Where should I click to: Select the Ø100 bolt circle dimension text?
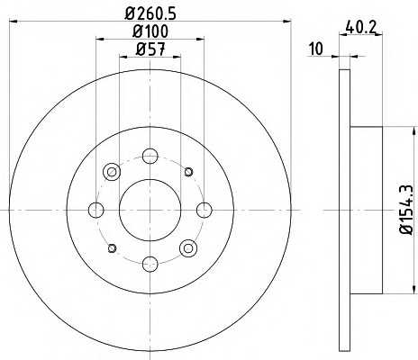coord(150,33)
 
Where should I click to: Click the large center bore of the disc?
coord(150,210)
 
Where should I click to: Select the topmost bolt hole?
coord(150,156)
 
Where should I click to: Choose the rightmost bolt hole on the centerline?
coord(204,210)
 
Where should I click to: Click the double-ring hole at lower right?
coord(188,247)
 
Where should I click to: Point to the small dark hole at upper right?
coord(188,171)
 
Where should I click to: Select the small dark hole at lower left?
coord(113,247)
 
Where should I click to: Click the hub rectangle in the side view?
coord(367,210)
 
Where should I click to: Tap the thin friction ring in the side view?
coord(344,210)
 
